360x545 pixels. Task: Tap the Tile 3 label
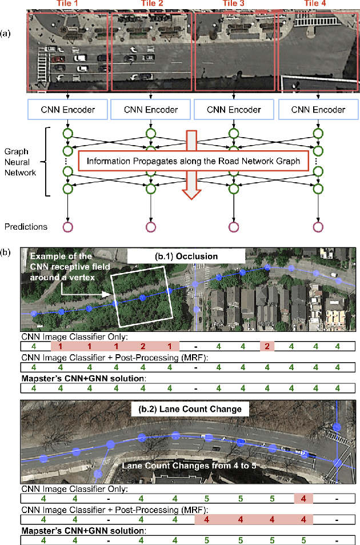pos(234,3)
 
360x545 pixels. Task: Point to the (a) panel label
pos(7,33)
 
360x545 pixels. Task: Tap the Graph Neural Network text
pos(21,162)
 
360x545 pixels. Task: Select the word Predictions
pos(27,227)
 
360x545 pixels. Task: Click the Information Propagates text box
pos(193,161)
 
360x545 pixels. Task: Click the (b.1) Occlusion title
pos(186,256)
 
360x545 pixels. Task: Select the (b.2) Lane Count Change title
pos(186,409)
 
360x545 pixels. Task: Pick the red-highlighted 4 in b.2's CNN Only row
pos(303,499)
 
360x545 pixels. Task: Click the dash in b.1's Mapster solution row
pos(197,388)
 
